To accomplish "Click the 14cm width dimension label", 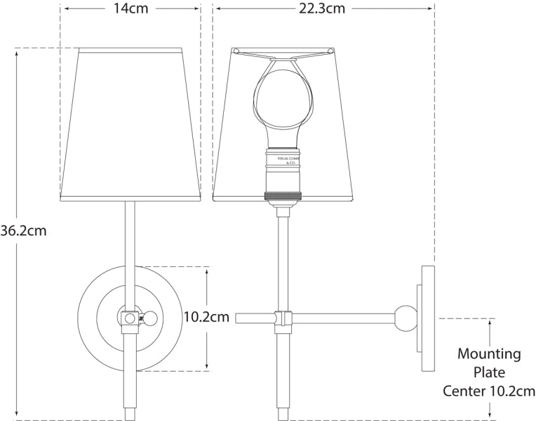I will (130, 9).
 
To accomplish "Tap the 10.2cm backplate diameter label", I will (206, 318).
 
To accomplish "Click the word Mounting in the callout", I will (489, 354).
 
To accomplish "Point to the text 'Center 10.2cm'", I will (489, 391).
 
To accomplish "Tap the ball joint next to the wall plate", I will (405, 318).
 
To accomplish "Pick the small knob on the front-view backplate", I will (148, 318).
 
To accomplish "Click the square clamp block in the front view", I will (129, 318).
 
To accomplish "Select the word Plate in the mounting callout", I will (489, 373).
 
